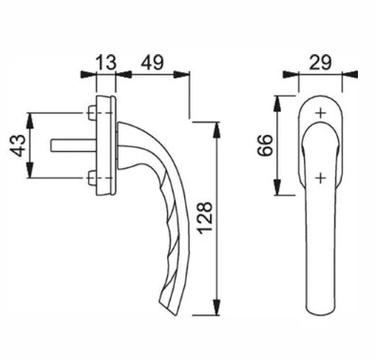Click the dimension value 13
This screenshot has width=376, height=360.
tap(105, 63)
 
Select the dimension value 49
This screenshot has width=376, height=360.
tap(152, 63)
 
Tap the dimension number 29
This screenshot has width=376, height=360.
tap(320, 63)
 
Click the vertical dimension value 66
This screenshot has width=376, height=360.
tap(265, 145)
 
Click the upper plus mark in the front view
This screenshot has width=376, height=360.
tap(321, 113)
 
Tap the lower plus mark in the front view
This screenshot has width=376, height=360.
tap(321, 179)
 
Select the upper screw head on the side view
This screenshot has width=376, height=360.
tap(91, 113)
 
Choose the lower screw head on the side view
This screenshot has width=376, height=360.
tap(91, 178)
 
